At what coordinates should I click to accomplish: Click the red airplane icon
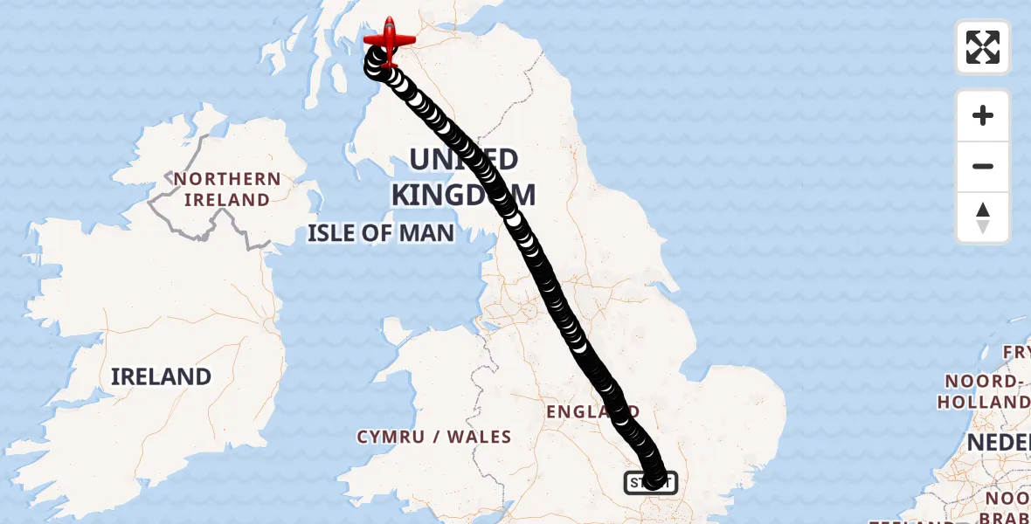[389, 40]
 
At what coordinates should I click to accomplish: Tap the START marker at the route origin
[650, 482]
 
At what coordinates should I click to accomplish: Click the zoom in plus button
[983, 115]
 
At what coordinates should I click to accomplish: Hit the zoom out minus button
[983, 167]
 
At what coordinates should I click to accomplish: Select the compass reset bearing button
[983, 217]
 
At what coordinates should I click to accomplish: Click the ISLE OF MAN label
[381, 233]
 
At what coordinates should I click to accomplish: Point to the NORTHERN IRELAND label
[227, 190]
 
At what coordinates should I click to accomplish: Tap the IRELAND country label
[162, 376]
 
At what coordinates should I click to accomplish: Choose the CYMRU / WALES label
[434, 437]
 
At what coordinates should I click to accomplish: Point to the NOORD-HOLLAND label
[984, 392]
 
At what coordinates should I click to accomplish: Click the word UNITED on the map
[463, 160]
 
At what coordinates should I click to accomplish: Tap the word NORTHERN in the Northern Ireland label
[227, 180]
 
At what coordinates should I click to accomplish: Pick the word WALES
[481, 437]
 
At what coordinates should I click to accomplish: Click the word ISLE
[333, 233]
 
